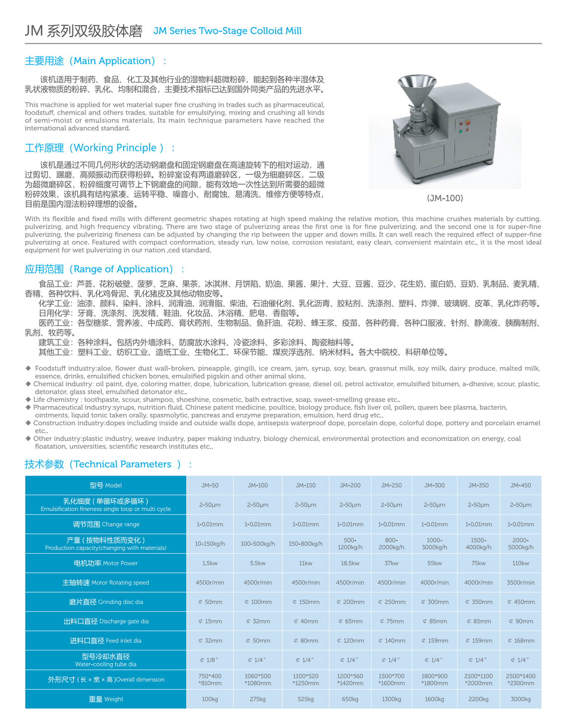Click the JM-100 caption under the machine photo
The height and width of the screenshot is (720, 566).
pos(444,198)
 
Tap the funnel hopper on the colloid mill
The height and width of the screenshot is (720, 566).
pos(417,89)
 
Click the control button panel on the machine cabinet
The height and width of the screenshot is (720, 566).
pos(464,127)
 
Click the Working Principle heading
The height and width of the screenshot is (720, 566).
pos(100,148)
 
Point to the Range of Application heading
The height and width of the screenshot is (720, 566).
pos(104,269)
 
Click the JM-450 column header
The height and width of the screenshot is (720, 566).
pos(520,485)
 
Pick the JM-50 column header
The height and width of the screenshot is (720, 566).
pos(210,485)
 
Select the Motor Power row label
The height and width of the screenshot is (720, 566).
pos(106,563)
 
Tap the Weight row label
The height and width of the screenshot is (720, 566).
pos(106,699)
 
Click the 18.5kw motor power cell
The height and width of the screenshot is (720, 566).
pos(350,563)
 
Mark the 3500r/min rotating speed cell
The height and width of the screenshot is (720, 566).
pos(520,582)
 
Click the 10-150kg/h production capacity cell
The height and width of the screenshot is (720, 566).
pos(210,544)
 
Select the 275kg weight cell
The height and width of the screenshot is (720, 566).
pos(257,699)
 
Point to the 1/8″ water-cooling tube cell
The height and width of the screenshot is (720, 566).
pos(210,660)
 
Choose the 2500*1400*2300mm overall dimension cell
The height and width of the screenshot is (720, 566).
pos(520,679)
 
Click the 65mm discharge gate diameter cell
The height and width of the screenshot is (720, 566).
pos(350,621)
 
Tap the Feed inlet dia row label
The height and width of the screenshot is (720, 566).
pos(106,640)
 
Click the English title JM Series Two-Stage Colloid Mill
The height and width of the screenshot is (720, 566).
pos(227,31)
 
